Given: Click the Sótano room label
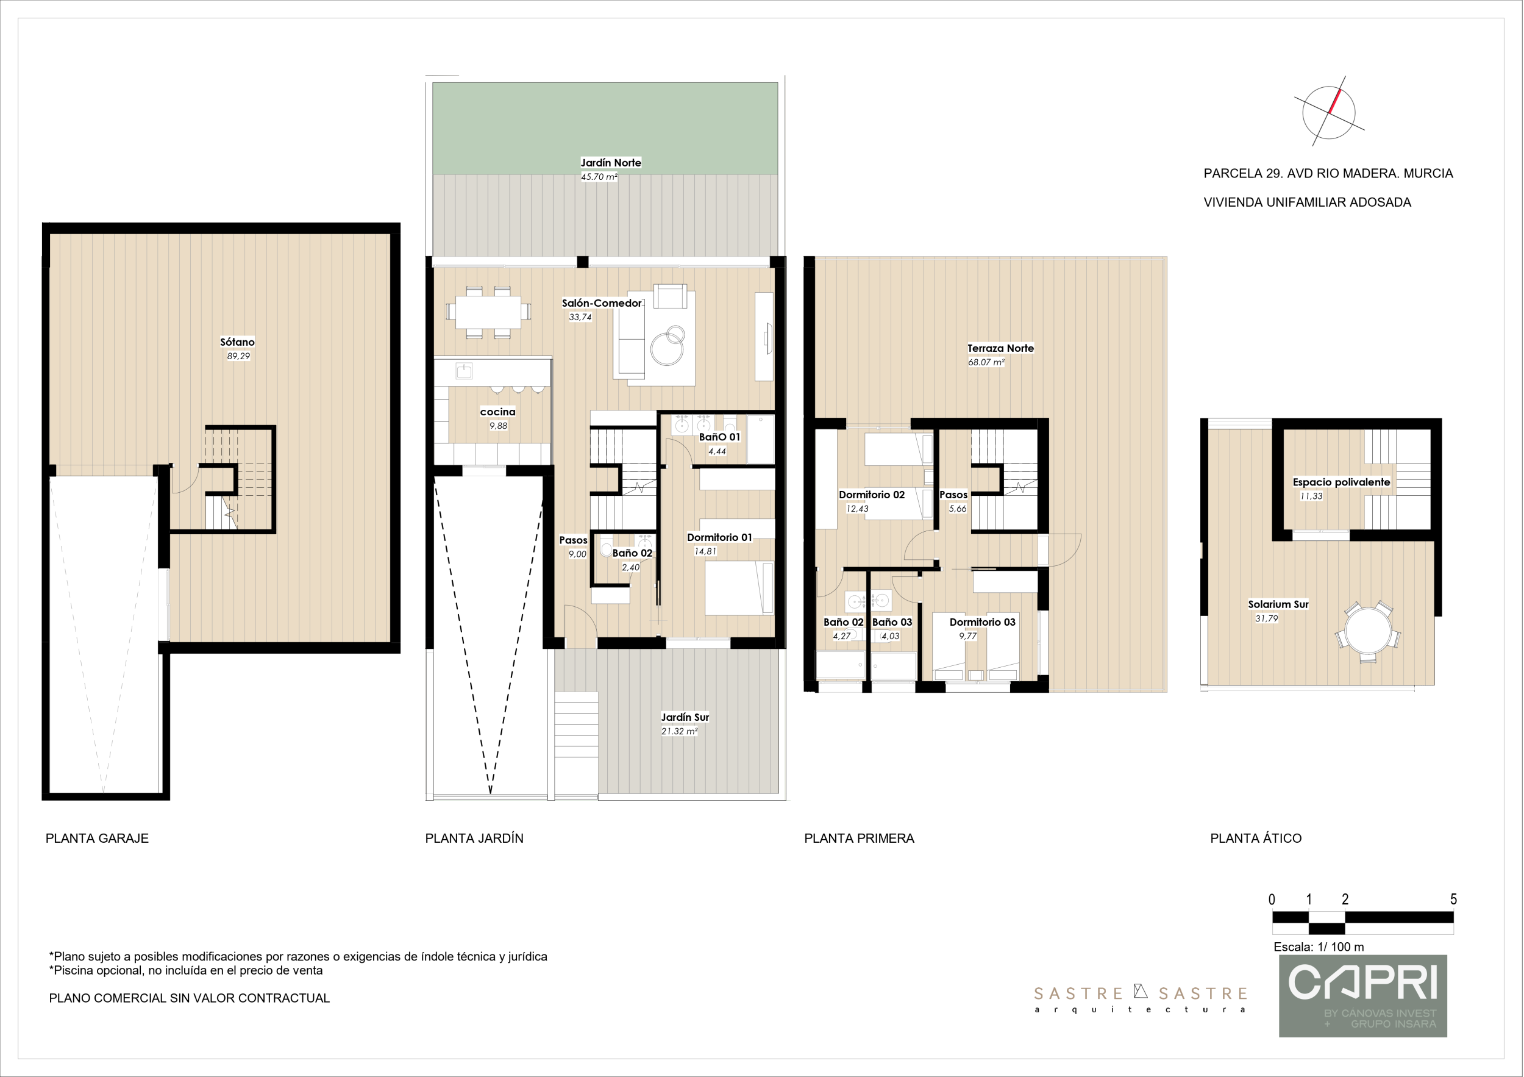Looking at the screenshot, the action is click(237, 342).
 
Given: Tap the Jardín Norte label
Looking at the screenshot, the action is click(611, 163).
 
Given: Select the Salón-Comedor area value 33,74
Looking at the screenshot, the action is click(580, 317).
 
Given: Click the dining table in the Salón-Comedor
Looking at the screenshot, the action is click(488, 312).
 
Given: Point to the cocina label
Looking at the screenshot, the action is click(498, 412).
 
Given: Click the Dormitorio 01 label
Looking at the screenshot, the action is click(719, 537).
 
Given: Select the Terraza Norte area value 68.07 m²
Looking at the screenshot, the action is click(986, 362).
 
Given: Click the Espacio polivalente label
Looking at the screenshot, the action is click(1341, 482).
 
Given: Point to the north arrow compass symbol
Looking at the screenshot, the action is click(1329, 112).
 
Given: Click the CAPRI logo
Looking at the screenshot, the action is click(1362, 996).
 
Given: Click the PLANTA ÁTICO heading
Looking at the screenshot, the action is click(1256, 839).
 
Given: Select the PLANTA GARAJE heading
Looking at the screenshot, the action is click(97, 839).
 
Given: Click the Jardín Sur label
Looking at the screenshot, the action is click(685, 717).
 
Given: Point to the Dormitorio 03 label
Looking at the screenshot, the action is click(982, 622).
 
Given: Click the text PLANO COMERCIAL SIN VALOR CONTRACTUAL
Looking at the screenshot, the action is click(189, 998).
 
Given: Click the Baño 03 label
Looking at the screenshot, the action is click(892, 622).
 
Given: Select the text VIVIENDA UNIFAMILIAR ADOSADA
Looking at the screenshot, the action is click(1307, 202).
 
